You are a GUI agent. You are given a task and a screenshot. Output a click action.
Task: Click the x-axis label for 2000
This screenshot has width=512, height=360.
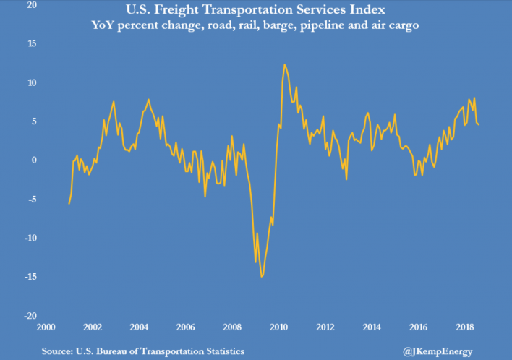[46, 327]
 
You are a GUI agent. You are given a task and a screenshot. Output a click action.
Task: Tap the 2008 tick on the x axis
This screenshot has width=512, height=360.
[232, 327]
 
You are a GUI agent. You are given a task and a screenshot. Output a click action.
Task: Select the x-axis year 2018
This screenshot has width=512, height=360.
[464, 327]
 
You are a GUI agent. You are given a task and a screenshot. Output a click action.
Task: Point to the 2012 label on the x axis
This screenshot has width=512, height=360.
[325, 327]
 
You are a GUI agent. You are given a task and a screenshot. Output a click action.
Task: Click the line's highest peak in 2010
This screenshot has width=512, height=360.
[284, 64]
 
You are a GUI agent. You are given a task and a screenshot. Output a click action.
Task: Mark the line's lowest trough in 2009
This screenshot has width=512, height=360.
[262, 276]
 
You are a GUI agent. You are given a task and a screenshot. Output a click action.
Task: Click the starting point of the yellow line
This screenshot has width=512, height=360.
[69, 204]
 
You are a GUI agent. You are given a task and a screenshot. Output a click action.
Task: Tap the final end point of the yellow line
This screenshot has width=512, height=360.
[479, 125]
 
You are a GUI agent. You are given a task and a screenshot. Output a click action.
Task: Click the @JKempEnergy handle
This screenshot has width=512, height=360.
[438, 351]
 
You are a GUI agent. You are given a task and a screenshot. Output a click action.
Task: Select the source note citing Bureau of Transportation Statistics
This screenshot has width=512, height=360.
[142, 351]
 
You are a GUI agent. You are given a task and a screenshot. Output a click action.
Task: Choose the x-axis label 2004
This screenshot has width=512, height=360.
[139, 327]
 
